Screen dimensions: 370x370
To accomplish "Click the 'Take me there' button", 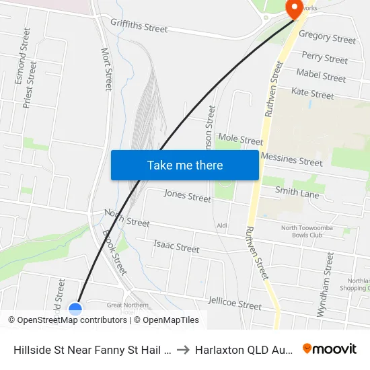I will [185, 165].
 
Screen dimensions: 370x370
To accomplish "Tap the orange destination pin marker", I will [295, 8].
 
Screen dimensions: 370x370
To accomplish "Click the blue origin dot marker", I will [75, 309].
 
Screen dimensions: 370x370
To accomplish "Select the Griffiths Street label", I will [139, 28].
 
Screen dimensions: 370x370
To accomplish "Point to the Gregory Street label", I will [327, 38].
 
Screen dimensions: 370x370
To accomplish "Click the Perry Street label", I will [325, 58].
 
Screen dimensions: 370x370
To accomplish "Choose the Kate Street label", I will [312, 94].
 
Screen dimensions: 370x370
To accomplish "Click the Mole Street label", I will [240, 140].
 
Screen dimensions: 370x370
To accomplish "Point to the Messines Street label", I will [291, 159].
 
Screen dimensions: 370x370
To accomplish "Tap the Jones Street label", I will [188, 196].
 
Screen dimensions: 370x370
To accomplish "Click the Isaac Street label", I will [176, 247].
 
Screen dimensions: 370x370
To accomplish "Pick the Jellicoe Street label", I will [235, 303].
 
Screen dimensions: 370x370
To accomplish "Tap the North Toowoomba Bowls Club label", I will [307, 231].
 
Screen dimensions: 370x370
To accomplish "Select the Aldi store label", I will [221, 225].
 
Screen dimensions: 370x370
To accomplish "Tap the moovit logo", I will [329, 349].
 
